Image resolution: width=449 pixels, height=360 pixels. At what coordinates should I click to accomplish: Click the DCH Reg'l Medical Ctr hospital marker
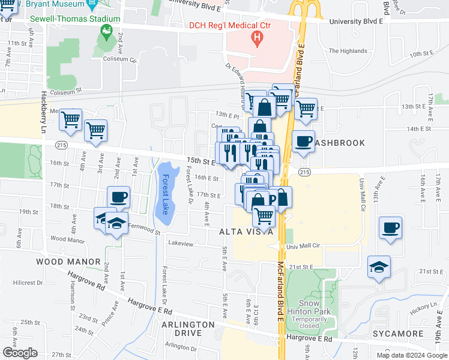[x=258, y=40]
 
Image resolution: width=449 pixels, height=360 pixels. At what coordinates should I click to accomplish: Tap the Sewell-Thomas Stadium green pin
[x=107, y=32]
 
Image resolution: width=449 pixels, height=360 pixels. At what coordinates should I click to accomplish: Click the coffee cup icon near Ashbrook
[x=303, y=142]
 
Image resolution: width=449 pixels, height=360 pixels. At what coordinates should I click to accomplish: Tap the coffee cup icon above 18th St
[x=118, y=196]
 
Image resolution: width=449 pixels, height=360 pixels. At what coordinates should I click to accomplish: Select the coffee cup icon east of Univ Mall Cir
[x=390, y=228]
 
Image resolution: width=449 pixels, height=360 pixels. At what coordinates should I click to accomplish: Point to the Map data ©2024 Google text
[x=411, y=355]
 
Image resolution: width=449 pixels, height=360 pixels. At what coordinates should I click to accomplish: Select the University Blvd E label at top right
[x=357, y=21]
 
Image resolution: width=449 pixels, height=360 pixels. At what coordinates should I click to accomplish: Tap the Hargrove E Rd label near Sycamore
[x=309, y=339]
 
